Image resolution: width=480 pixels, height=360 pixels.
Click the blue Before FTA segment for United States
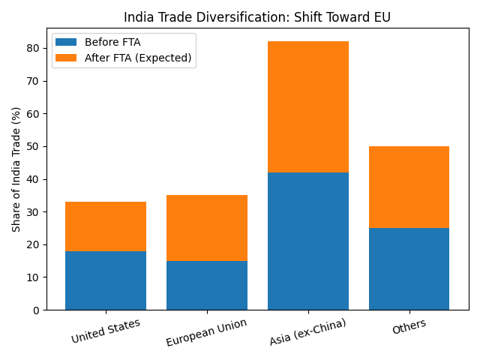(x=106, y=280)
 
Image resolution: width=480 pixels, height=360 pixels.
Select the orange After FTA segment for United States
(x=106, y=226)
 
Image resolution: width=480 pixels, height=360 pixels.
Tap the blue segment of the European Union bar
(x=207, y=285)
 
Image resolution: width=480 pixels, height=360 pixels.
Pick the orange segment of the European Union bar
(x=207, y=228)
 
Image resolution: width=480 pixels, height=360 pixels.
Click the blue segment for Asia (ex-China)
(x=308, y=241)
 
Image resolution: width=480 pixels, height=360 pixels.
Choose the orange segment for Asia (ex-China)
(x=308, y=106)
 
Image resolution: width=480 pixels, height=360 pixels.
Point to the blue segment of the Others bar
(x=409, y=268)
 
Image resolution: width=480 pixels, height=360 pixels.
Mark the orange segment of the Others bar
(x=409, y=187)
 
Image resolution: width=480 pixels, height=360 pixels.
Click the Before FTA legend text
(x=112, y=42)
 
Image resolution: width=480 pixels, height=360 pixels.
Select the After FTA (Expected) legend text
(x=138, y=58)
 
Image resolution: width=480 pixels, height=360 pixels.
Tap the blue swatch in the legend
(x=66, y=42)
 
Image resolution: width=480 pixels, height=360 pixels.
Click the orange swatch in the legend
(x=66, y=58)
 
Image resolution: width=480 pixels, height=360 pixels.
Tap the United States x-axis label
(x=106, y=331)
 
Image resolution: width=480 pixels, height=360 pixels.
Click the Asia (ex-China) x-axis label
(x=307, y=332)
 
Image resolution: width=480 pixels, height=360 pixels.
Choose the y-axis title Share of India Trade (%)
(x=16, y=169)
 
